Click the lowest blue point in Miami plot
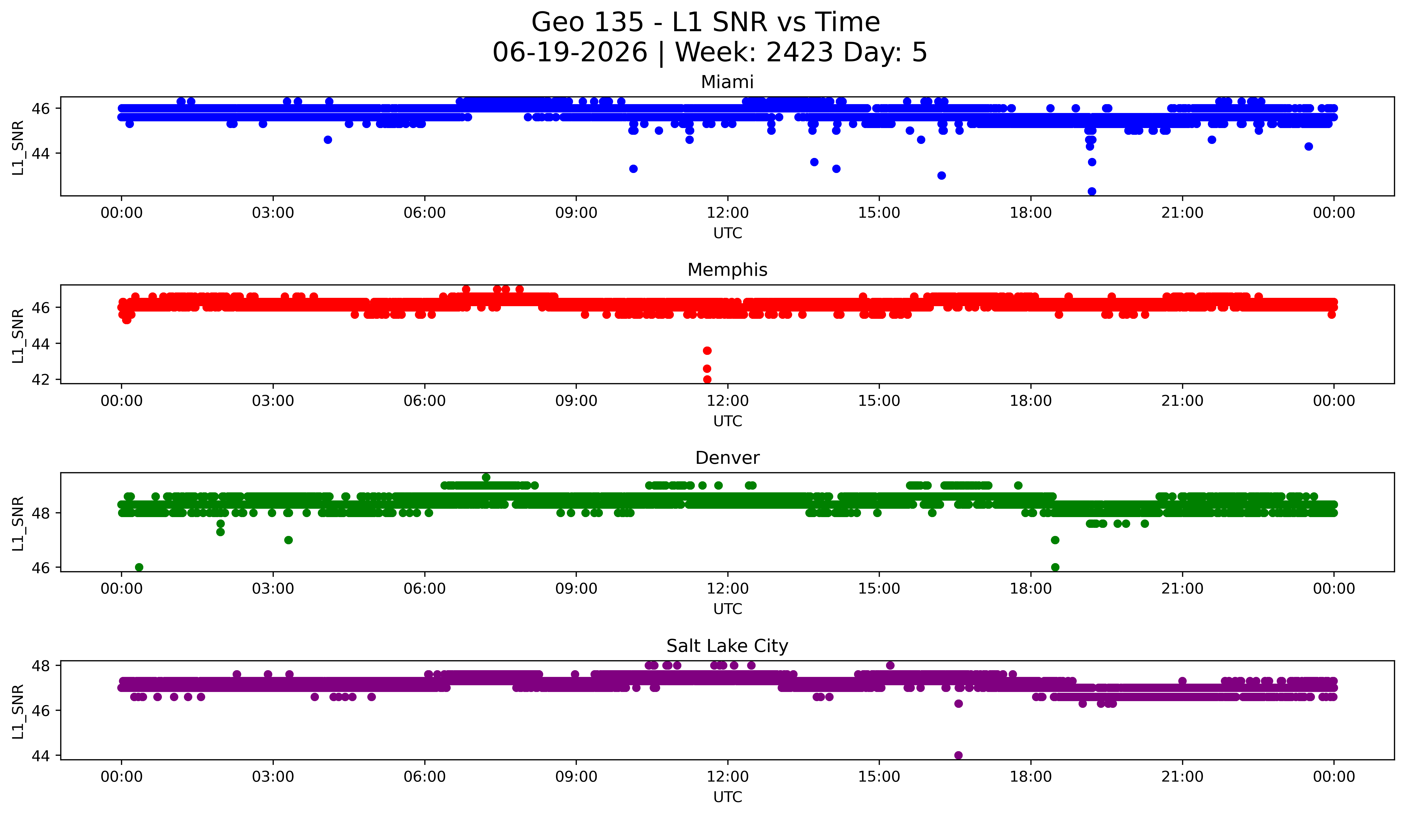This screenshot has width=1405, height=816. pos(1092,191)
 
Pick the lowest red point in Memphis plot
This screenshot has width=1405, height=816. pos(707,379)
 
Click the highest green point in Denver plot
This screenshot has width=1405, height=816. pos(486,478)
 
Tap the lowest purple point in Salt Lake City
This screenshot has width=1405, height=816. pos(958,755)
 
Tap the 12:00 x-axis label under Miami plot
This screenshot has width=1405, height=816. pos(728,213)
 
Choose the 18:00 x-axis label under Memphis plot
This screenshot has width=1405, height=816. pos(1031,401)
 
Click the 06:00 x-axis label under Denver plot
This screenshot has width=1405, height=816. pos(425,589)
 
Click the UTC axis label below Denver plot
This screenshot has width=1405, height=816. pos(728,609)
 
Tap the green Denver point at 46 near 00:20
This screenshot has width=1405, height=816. pos(139,567)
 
